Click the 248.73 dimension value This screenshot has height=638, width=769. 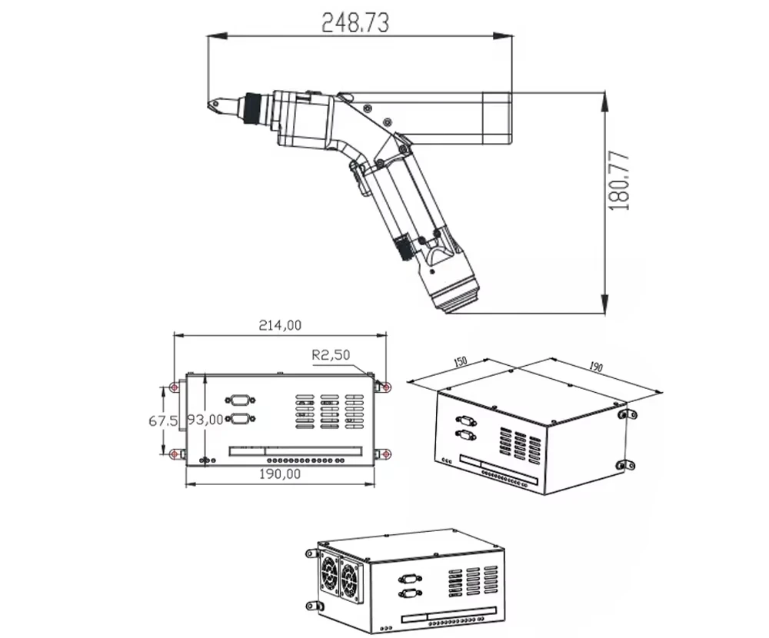point(355,23)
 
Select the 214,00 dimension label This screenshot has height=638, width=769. point(280,325)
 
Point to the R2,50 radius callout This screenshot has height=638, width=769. point(331,354)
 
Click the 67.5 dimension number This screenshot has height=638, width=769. point(163,420)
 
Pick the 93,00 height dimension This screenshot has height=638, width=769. point(205,420)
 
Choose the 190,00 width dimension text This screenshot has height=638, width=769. point(280,474)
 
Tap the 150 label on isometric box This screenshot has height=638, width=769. point(460,362)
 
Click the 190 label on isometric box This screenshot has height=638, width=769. point(595,367)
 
